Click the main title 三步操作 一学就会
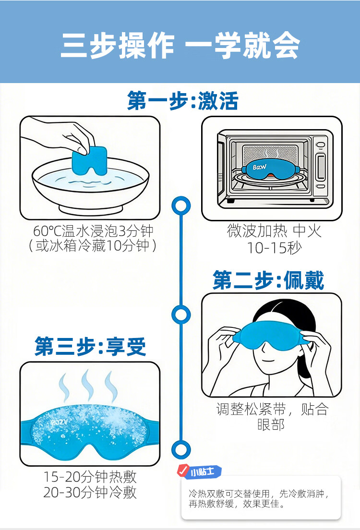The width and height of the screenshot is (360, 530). coord(180,47)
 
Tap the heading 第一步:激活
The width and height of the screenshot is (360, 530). coord(183,101)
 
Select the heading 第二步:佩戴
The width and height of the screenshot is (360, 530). coord(268,280)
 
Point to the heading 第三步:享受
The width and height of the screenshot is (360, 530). coord(90,346)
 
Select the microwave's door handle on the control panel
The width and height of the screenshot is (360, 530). coord(320,167)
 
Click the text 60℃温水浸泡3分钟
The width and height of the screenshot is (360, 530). coord(93,231)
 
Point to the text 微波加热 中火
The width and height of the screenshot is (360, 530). coord(274,231)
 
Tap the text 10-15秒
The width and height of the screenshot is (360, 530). coord(272,248)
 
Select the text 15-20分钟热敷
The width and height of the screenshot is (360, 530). coord(90,477)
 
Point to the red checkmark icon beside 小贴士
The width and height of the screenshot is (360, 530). coord(182,470)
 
